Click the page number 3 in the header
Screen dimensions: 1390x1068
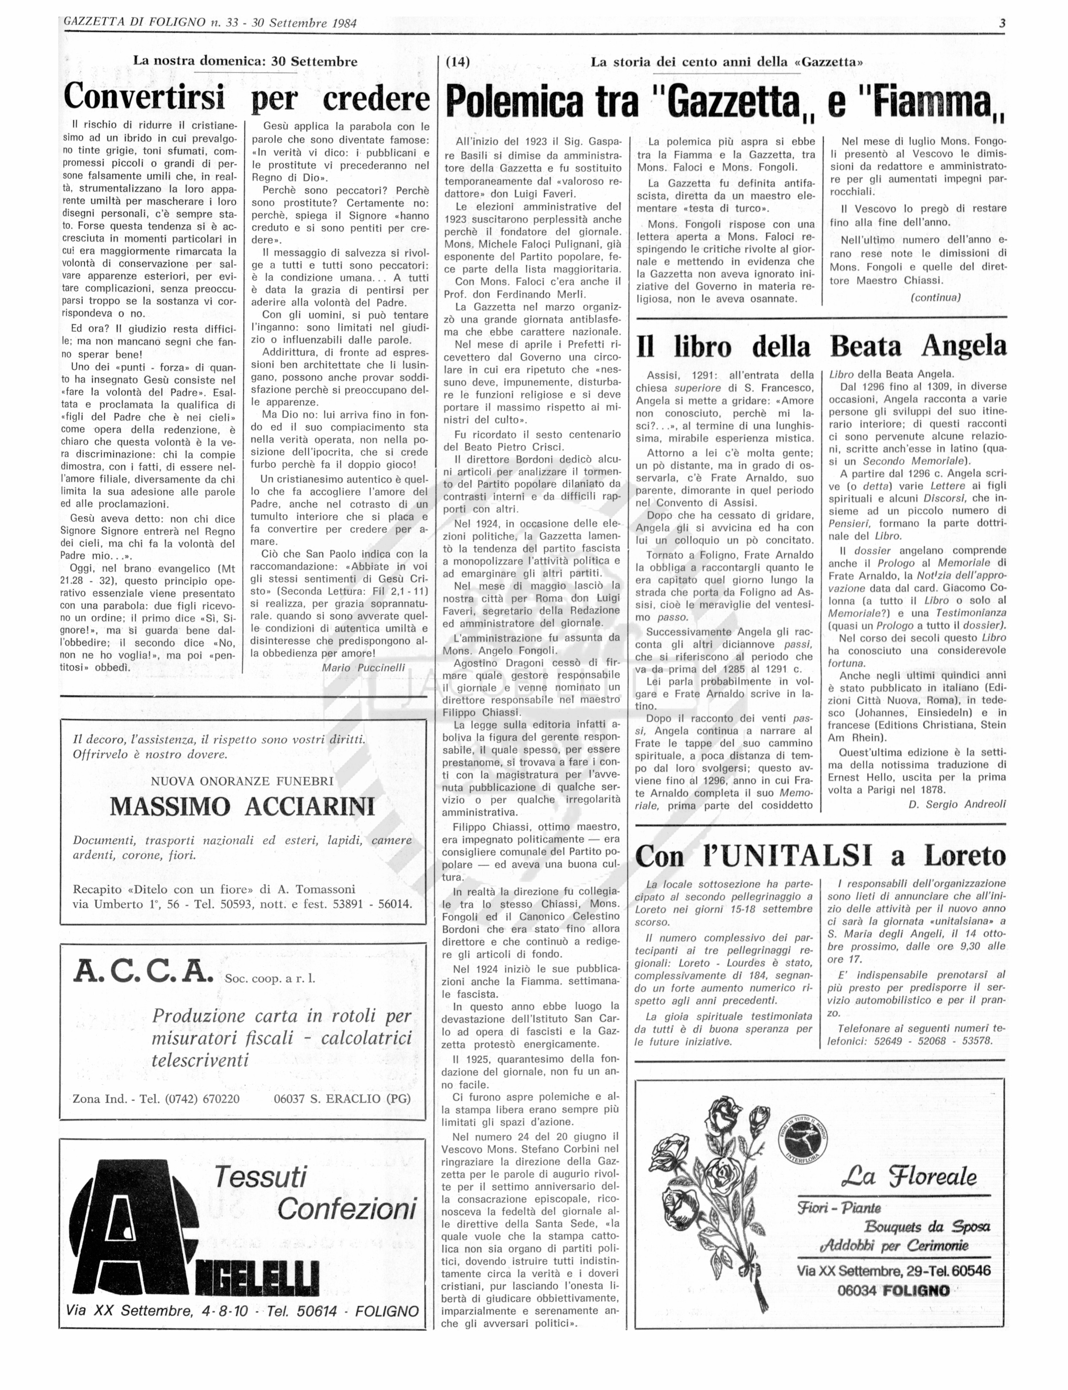click(1002, 24)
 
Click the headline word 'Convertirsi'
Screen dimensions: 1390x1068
click(144, 97)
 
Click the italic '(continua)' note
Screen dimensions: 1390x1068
click(935, 297)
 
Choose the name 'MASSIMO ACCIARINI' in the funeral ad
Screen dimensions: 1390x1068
click(242, 807)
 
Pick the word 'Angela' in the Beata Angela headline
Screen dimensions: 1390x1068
click(964, 345)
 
